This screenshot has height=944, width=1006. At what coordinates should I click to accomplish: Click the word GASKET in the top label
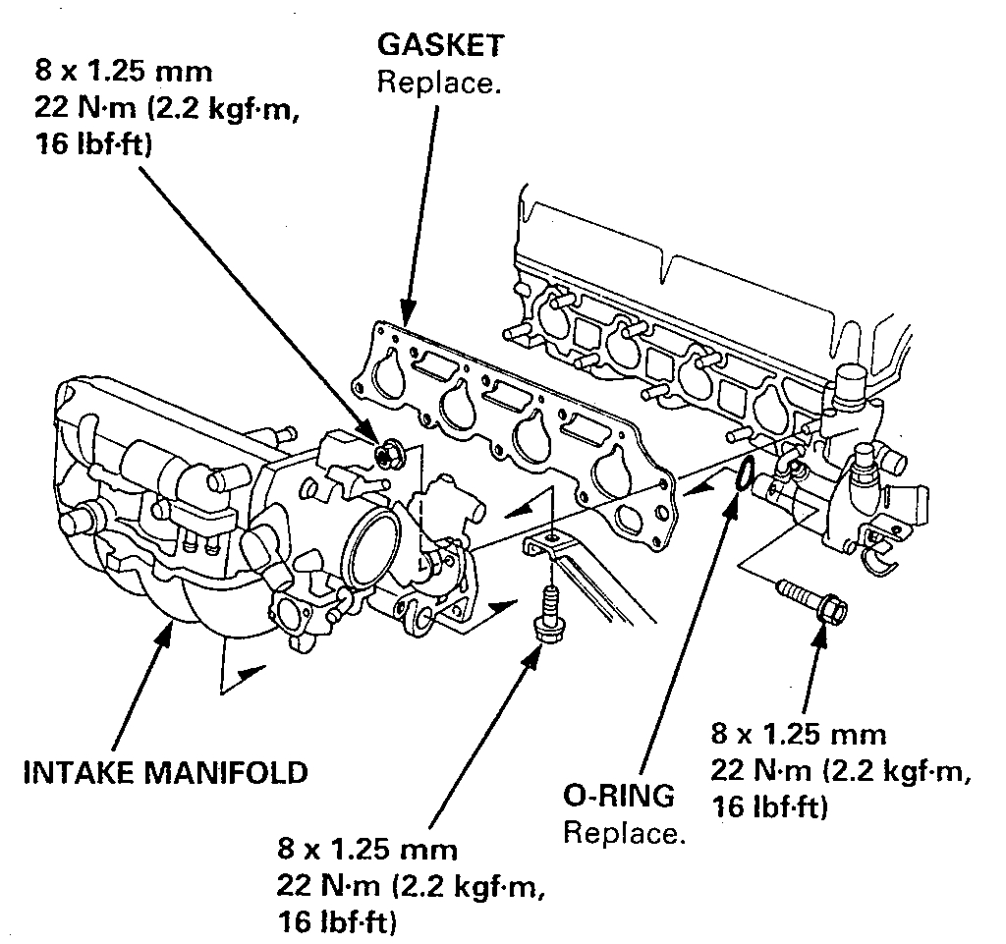tap(441, 45)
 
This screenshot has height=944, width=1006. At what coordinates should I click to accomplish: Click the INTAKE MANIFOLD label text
tap(165, 771)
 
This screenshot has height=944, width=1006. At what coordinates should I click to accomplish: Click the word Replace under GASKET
tap(439, 82)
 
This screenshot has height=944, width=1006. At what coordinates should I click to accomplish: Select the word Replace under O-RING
tap(623, 834)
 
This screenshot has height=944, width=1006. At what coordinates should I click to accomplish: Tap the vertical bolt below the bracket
tap(544, 613)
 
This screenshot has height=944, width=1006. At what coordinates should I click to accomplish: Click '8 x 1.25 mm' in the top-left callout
tap(124, 74)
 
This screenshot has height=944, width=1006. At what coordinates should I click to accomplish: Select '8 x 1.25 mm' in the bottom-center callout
tap(366, 849)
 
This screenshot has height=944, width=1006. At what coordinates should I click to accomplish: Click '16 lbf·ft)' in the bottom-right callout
tap(766, 808)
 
